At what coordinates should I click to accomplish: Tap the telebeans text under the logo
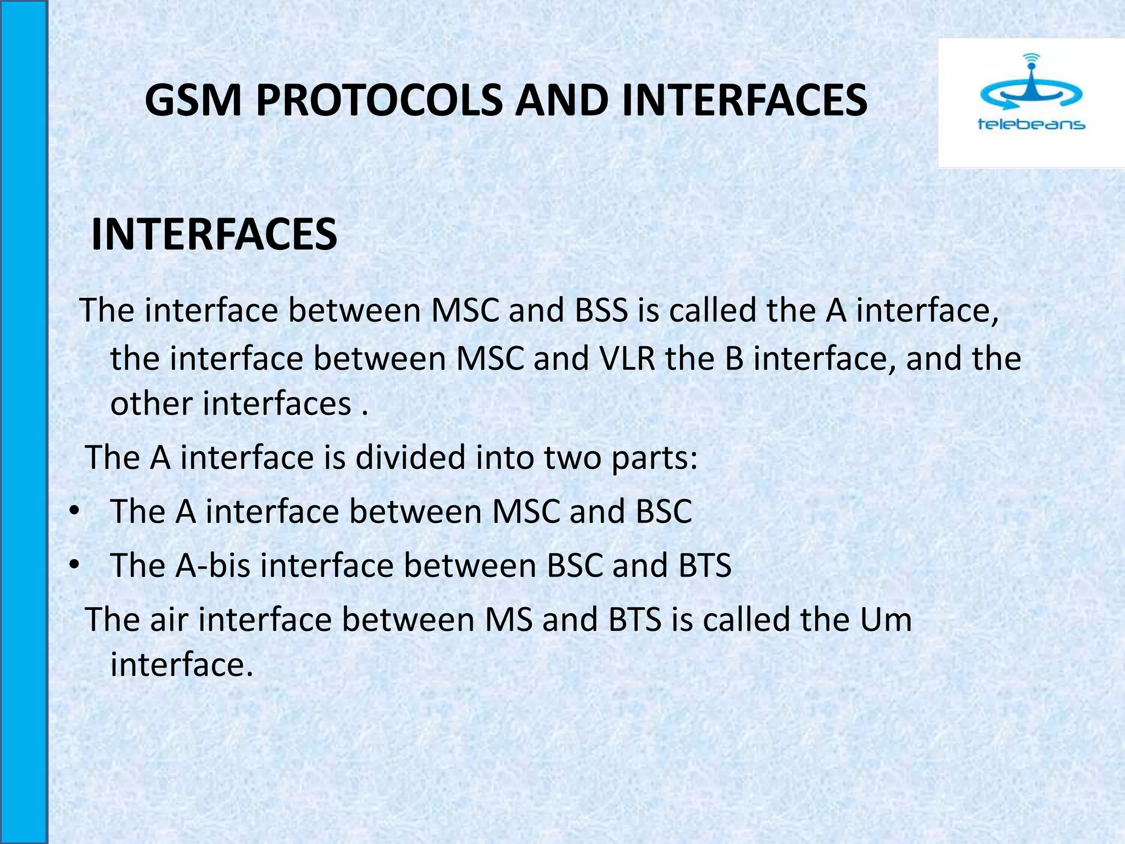coord(1031,125)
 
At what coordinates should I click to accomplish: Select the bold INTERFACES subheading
coord(214,235)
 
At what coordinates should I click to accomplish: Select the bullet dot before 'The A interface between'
coord(75,512)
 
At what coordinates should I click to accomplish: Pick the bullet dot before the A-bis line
coord(75,565)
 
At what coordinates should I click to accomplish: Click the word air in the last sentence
coord(170,619)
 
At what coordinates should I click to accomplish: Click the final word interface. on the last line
coord(182,664)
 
